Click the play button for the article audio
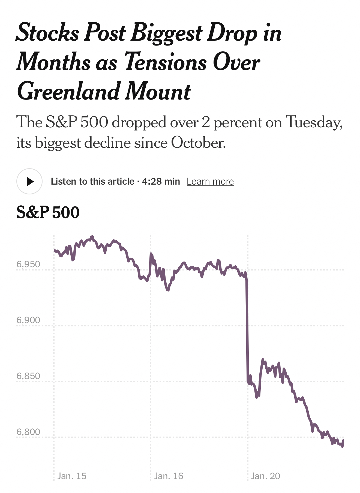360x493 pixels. click(x=29, y=181)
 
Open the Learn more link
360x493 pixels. click(x=210, y=181)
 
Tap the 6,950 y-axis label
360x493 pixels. click(x=28, y=264)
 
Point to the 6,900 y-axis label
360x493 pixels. click(x=28, y=320)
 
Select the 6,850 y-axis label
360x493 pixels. click(x=28, y=376)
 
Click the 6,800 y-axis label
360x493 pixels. click(x=28, y=432)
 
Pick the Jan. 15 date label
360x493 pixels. click(x=72, y=476)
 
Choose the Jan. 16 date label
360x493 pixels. click(x=169, y=476)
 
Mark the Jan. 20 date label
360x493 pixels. click(x=265, y=476)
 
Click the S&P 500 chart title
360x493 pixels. click(x=48, y=212)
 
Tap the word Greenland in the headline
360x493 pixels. click(x=68, y=91)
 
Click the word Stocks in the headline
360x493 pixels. click(x=47, y=33)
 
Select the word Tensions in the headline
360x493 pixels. click(x=165, y=62)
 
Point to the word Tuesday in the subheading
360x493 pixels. click(x=314, y=122)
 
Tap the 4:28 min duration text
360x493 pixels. click(x=161, y=181)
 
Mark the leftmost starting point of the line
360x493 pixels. click(x=55, y=250)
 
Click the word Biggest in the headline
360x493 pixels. click(x=166, y=33)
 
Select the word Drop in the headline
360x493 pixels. click(x=232, y=33)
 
